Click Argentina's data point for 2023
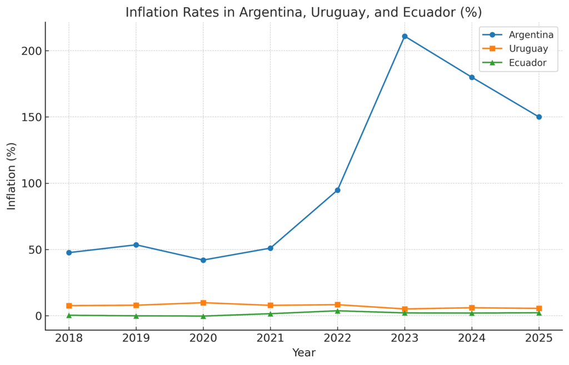point(405,36)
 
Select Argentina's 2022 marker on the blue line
point(337,190)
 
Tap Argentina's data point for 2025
point(538,117)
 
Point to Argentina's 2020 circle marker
point(203,260)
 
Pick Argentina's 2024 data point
point(472,77)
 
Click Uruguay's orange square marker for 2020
point(203,303)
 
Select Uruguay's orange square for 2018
point(69,306)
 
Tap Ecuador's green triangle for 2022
point(337,311)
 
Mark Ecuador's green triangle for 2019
point(136,316)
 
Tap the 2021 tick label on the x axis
point(270,338)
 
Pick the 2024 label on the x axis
point(472,338)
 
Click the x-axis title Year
point(303,353)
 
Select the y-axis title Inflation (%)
point(12,176)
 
